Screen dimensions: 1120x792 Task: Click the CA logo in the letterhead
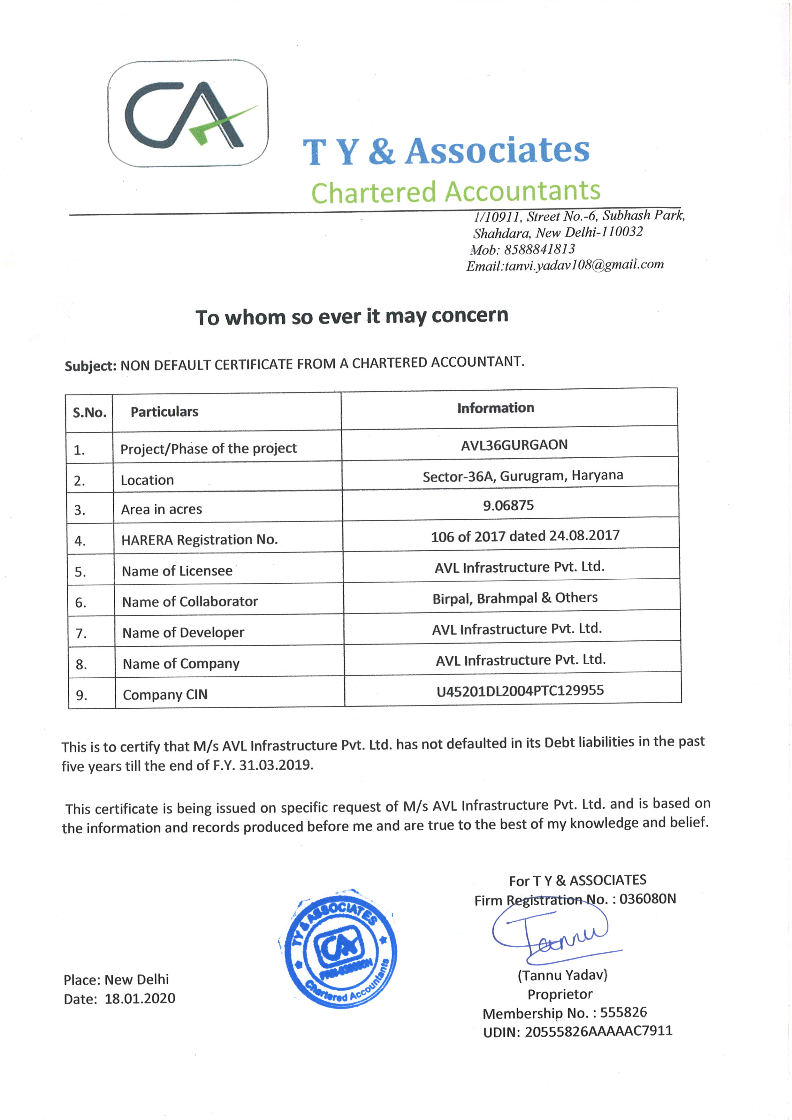188,114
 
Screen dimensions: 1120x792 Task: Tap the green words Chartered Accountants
455,192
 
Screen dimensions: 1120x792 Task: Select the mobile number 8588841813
539,249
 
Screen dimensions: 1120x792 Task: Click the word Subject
90,366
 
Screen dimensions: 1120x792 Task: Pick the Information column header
496,408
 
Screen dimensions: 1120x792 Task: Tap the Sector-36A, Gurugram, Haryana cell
522,476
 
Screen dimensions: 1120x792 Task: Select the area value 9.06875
508,505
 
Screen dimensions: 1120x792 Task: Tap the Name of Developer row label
183,633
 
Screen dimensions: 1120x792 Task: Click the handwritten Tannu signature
551,937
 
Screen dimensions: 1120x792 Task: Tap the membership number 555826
623,1013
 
